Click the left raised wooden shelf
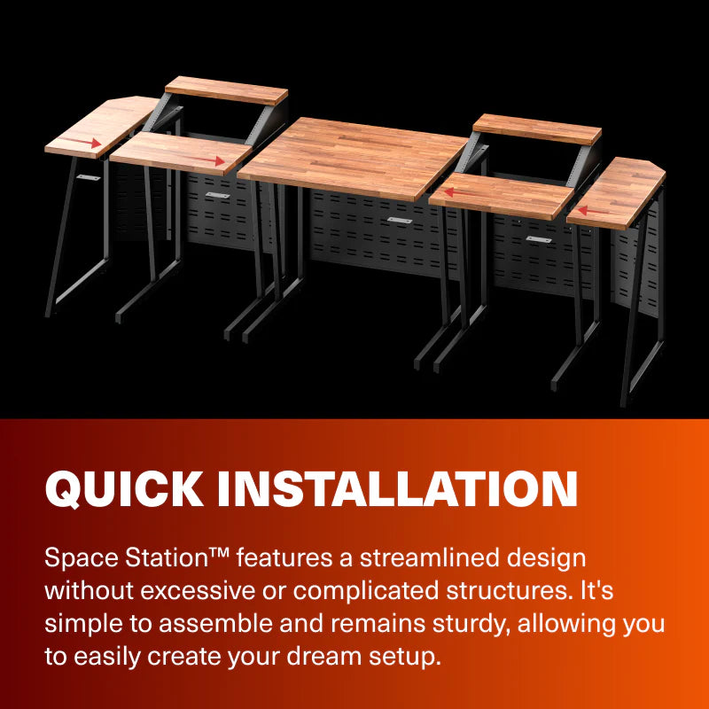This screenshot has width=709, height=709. [226, 90]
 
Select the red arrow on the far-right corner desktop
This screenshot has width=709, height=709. [594, 212]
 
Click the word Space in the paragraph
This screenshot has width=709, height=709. [76, 559]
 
